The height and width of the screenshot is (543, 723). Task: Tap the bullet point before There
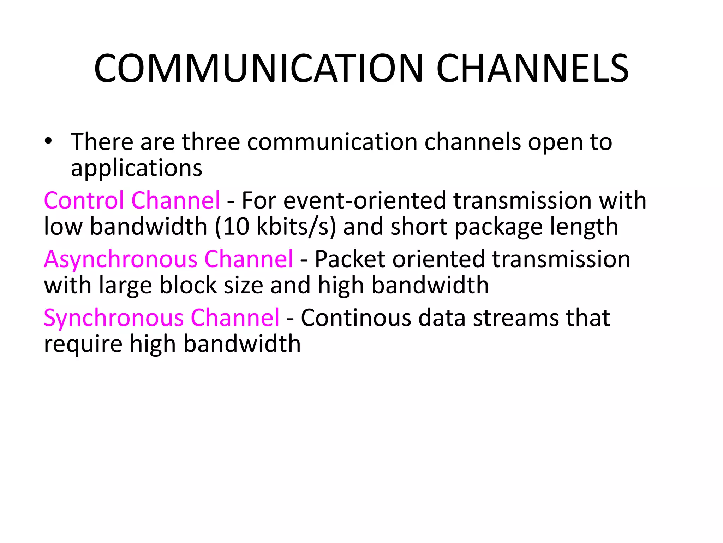[48, 141]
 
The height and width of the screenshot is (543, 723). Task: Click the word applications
[137, 168]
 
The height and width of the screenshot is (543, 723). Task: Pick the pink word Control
[84, 200]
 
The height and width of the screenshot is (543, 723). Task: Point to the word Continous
[356, 317]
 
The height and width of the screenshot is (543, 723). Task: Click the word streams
[516, 317]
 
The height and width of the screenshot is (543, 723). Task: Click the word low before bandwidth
[63, 227]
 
